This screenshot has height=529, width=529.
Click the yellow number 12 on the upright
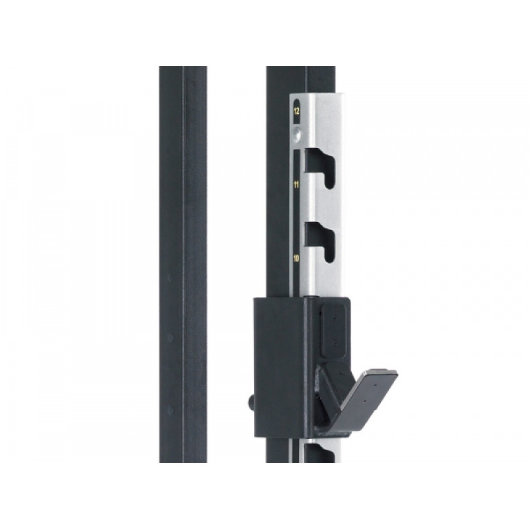[296, 111]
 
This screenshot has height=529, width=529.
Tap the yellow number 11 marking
[296, 184]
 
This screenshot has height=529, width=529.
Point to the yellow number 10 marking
[296, 259]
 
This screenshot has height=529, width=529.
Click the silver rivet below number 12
[296, 134]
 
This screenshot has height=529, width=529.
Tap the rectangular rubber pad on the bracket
[334, 330]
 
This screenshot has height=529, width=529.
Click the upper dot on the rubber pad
[335, 318]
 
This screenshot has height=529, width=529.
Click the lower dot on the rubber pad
[335, 342]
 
